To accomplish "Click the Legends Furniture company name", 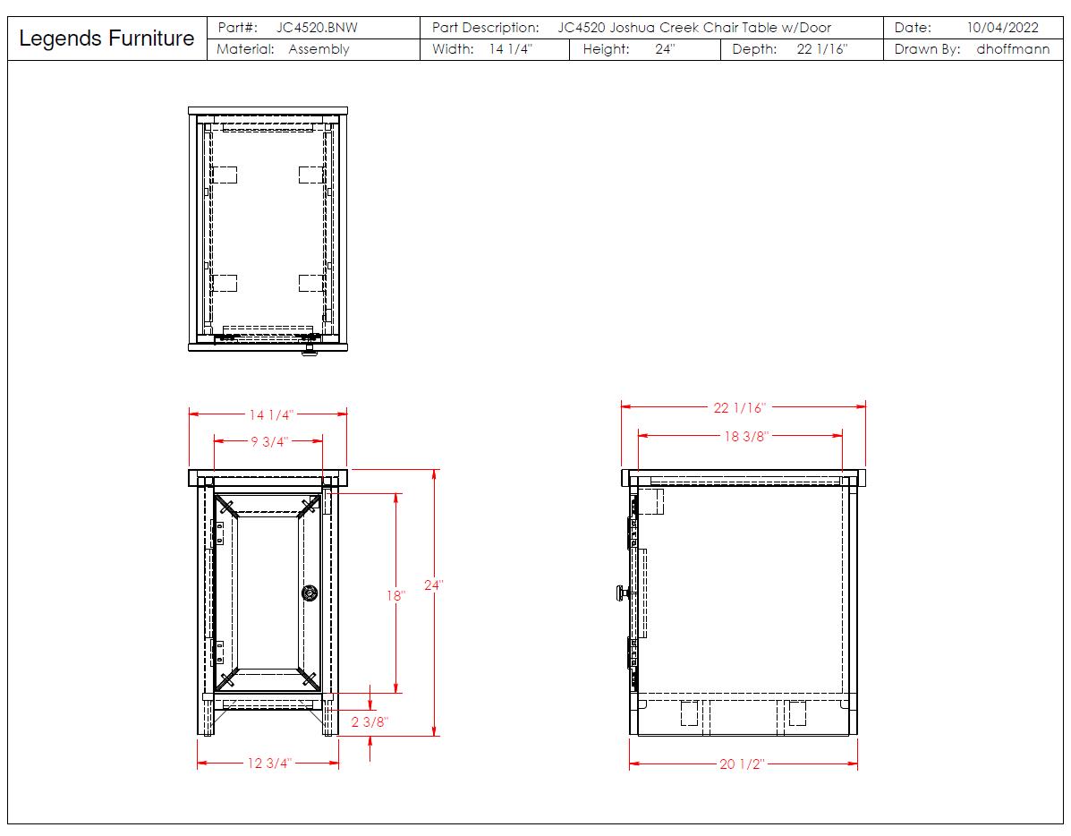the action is pyautogui.click(x=106, y=38).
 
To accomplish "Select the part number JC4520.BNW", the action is pyautogui.click(x=317, y=28).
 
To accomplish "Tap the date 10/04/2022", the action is pyautogui.click(x=1003, y=28).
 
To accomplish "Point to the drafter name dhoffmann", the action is pyautogui.click(x=1013, y=49).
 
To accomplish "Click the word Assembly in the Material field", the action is pyautogui.click(x=319, y=49).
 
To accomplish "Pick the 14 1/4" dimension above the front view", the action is pyautogui.click(x=271, y=414).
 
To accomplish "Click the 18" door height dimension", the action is pyautogui.click(x=395, y=595).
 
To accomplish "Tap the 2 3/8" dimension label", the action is pyautogui.click(x=370, y=721).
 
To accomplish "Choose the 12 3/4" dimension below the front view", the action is pyautogui.click(x=269, y=763).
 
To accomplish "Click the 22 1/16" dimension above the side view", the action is pyautogui.click(x=740, y=408).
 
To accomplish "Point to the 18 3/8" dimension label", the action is pyautogui.click(x=746, y=436).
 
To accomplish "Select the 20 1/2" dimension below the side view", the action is pyautogui.click(x=742, y=764).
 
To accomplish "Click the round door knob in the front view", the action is pyautogui.click(x=310, y=593).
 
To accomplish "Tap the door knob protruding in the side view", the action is pyautogui.click(x=622, y=593).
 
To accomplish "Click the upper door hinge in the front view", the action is pyautogui.click(x=218, y=533).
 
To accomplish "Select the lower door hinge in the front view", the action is pyautogui.click(x=218, y=653).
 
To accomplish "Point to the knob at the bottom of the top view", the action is pyautogui.click(x=309, y=352).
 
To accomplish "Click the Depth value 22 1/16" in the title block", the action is pyautogui.click(x=822, y=49).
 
